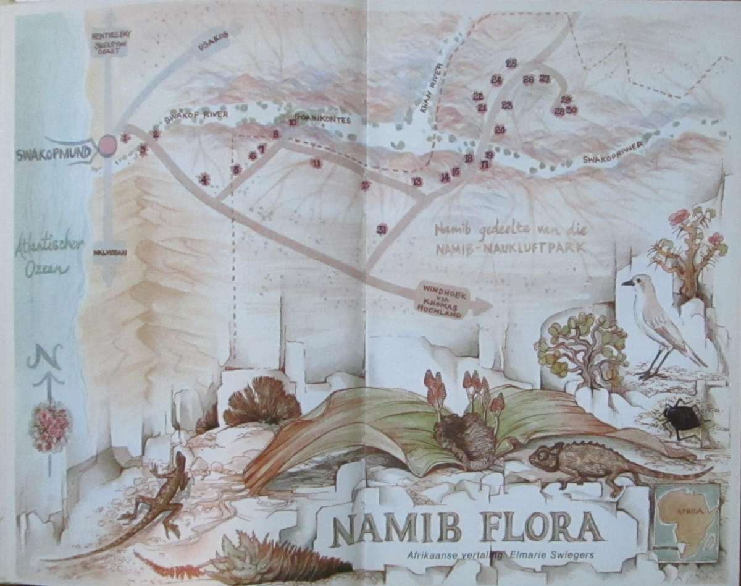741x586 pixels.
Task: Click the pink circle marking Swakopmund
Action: [x=107, y=145]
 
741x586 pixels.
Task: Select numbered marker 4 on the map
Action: [x=204, y=180]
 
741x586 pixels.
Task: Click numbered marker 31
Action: [x=382, y=229]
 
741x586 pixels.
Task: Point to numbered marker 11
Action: [x=316, y=164]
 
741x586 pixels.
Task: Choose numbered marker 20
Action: [x=500, y=129]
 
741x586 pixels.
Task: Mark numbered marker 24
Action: [x=496, y=80]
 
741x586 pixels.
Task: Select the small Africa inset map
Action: [x=685, y=522]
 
